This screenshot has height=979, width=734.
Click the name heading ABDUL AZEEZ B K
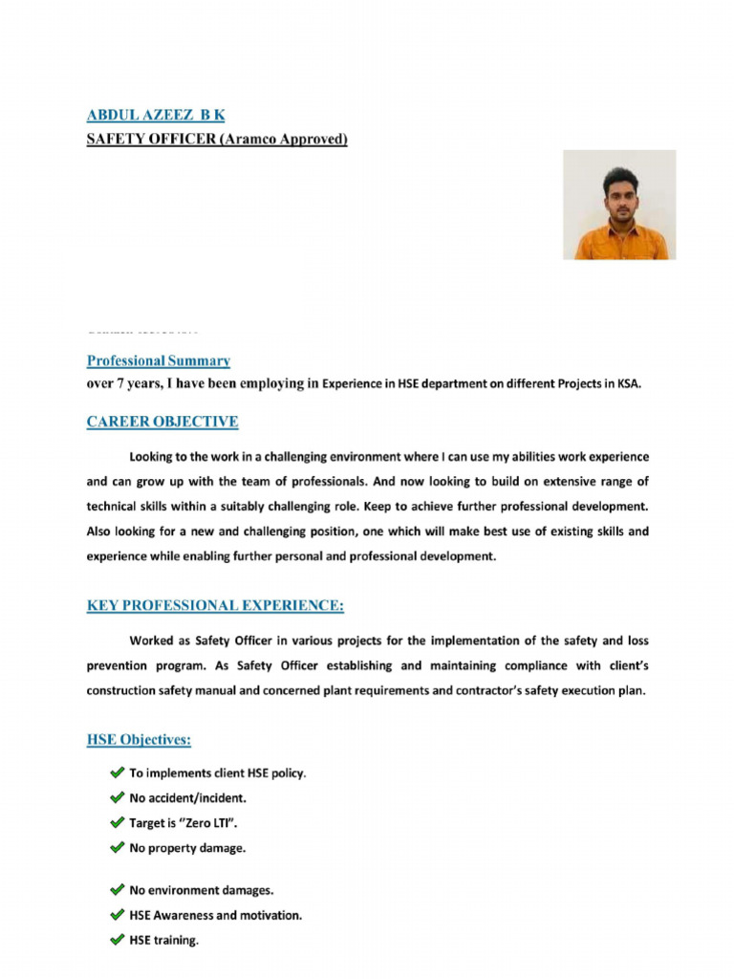pos(156,115)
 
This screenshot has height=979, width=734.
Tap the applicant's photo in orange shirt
pos(618,205)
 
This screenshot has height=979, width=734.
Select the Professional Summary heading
pos(159,361)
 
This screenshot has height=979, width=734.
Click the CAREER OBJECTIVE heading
pos(162,422)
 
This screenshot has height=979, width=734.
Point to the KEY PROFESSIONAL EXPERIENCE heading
pos(215,606)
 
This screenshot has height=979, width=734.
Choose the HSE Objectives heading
pos(139,741)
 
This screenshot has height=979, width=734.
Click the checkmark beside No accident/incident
pos(117,797)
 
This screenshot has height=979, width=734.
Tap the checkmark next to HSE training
pos(117,940)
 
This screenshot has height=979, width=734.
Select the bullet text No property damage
pos(187,847)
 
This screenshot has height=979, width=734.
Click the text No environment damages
pos(202,890)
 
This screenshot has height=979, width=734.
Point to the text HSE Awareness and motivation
pos(216,915)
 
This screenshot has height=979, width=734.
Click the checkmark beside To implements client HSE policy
pos(117,772)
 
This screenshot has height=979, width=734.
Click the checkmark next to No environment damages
pos(117,890)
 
